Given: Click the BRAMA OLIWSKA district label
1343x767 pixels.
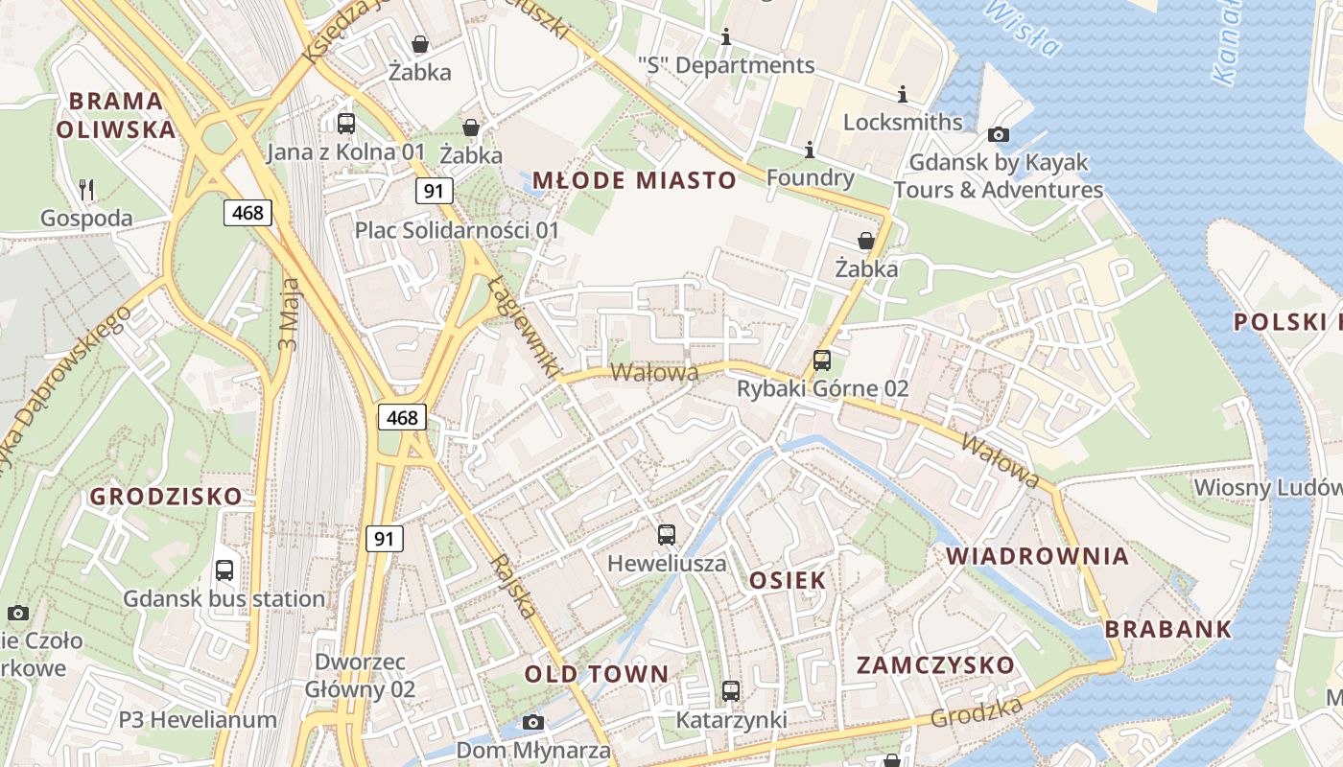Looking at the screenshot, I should [116, 115].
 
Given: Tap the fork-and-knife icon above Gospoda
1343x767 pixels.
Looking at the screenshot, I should [87, 189].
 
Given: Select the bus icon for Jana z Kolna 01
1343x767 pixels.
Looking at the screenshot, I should [346, 123].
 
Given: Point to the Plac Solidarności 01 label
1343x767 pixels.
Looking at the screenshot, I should [457, 230].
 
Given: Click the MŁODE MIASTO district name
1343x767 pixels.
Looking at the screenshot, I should [634, 180].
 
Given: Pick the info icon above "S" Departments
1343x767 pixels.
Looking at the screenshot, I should [726, 37].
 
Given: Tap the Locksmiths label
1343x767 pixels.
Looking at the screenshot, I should [903, 122].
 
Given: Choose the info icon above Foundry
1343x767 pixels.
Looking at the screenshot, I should [810, 150].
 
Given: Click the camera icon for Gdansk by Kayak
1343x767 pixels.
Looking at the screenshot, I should [999, 134].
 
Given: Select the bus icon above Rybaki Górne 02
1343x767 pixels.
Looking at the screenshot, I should [822, 360].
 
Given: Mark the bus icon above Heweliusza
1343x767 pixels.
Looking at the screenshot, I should [667, 534].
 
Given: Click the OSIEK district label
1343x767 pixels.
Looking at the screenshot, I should [787, 580].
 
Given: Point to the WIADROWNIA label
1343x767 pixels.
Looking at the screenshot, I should [1037, 556].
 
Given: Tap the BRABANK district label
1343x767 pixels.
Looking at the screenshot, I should [1167, 630].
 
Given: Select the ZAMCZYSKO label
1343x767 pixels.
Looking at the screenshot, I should [934, 665].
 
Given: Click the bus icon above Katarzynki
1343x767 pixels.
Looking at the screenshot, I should [731, 690].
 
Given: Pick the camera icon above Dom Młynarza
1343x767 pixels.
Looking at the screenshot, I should [533, 722].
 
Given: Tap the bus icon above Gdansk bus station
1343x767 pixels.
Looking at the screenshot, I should [224, 570].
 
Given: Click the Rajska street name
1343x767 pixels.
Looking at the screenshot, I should [514, 586].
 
